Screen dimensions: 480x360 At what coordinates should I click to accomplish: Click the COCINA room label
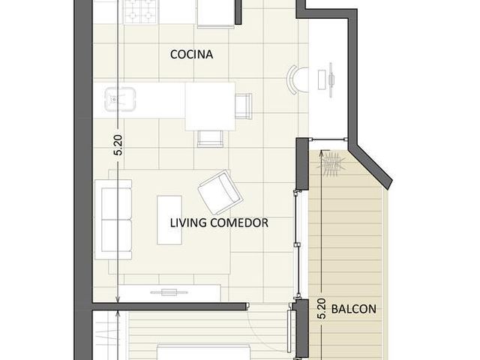191,55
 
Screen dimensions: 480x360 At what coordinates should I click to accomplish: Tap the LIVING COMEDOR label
219,223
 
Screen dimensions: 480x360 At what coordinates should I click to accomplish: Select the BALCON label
353,309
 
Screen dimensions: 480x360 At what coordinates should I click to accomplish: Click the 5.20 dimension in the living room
118,145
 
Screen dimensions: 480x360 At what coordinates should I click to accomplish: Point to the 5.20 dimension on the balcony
321,309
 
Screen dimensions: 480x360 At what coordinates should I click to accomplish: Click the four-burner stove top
142,12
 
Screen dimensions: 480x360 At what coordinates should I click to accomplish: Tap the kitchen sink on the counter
120,99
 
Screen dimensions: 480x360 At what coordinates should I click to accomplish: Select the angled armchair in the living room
220,192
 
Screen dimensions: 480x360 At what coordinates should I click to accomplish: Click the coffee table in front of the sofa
169,220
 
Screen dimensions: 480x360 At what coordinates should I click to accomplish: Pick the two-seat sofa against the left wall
113,220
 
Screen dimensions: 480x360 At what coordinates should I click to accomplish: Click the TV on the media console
169,292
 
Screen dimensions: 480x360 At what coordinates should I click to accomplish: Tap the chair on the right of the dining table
244,106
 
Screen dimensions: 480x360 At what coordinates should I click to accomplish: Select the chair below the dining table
210,139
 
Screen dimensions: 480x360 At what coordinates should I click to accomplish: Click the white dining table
210,106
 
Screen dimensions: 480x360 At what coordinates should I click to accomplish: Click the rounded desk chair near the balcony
296,80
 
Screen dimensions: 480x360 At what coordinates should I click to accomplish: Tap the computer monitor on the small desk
331,80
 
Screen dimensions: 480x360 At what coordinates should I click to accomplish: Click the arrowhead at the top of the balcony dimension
321,152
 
